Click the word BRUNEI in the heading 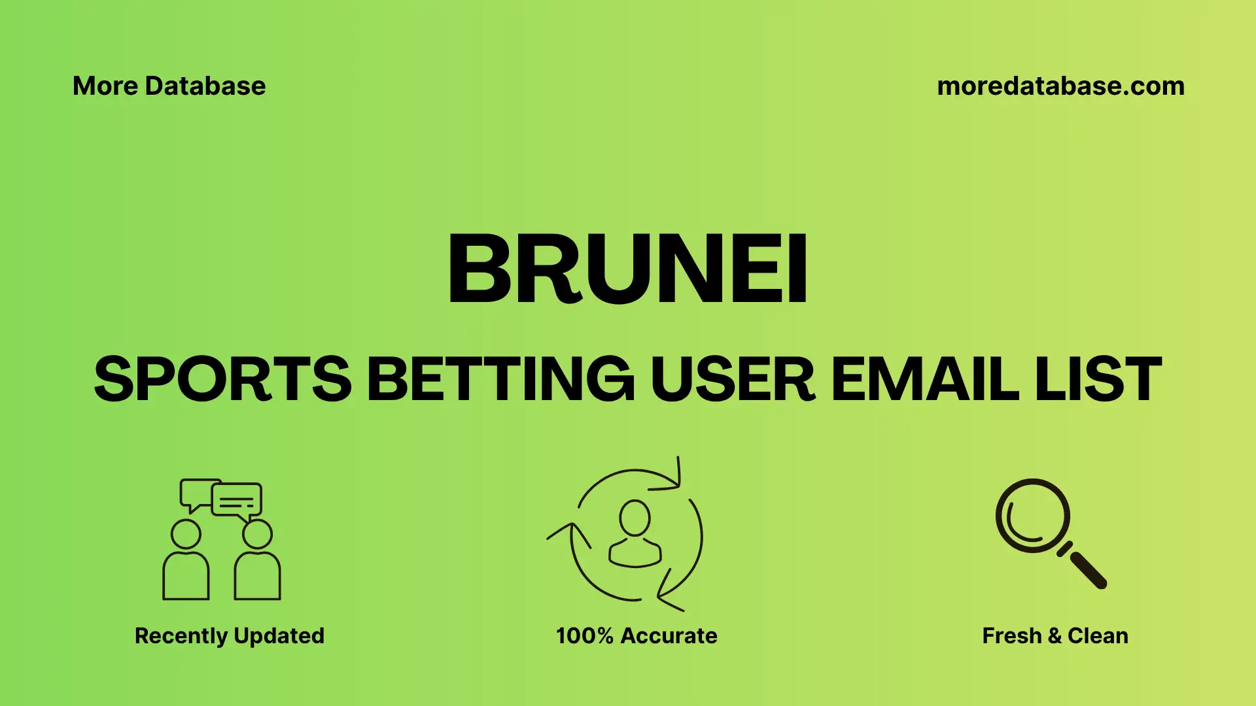click(628, 269)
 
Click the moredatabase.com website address click(1060, 86)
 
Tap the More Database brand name click(169, 86)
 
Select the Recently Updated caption click(230, 635)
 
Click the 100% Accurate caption click(637, 635)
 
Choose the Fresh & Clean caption click(1055, 635)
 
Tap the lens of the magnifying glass click(1032, 516)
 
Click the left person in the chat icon click(186, 562)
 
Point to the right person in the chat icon click(257, 562)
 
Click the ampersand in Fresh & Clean click(1055, 635)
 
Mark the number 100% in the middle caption click(584, 635)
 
